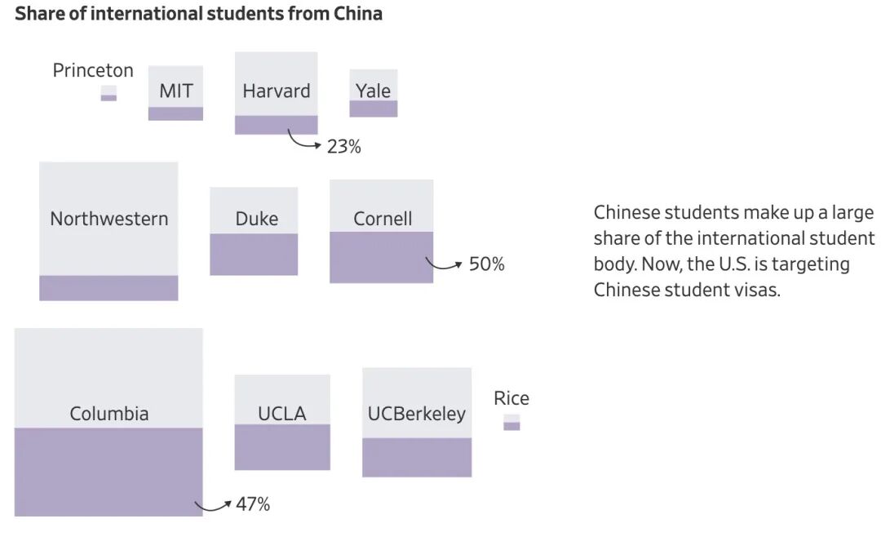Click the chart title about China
coord(198,14)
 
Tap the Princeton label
coord(93,71)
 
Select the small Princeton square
coord(108,93)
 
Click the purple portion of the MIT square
coord(175,113)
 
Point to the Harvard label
coord(277,91)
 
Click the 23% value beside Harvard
coord(343,147)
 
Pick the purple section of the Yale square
coord(374,109)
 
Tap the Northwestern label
coord(109,219)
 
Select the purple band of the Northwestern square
coord(108,287)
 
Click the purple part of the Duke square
coord(254,254)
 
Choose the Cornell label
coord(383,219)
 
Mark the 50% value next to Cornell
coord(487,264)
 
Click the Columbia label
coord(109,414)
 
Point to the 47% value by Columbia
coord(253,504)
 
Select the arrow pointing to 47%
coord(215,506)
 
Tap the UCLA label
coord(282,414)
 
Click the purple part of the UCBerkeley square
coord(417,457)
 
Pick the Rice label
coord(511,398)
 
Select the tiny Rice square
coord(511,423)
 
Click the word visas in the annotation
coord(756,290)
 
